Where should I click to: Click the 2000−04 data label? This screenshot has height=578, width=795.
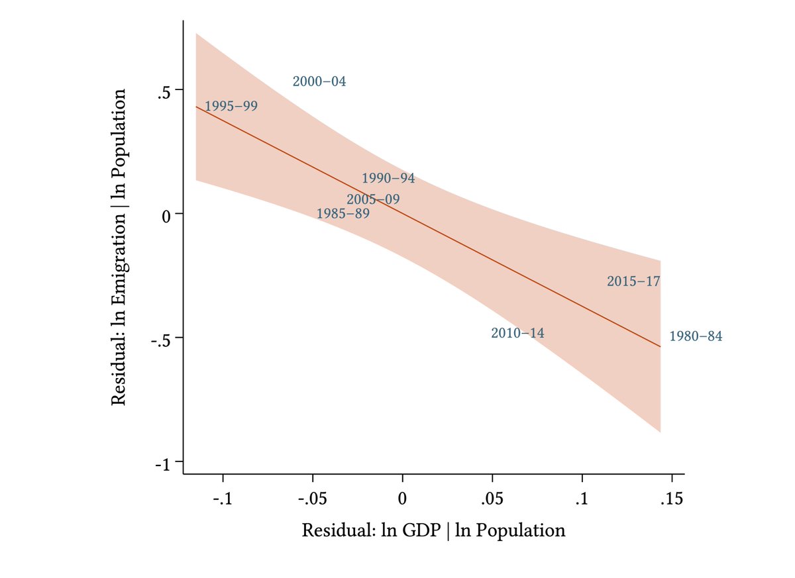coord(319,82)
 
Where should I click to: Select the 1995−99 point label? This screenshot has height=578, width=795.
coord(231,106)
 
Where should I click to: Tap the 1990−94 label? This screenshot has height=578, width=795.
coord(388,179)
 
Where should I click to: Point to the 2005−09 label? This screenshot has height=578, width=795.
coord(373,199)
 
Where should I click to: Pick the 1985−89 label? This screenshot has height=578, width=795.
coord(343,214)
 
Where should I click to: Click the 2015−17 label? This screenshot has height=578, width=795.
coord(633,281)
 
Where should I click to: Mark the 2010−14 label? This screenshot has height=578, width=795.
coord(517,333)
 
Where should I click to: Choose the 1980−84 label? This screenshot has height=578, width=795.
coord(696,336)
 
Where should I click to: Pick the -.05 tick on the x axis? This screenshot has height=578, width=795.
coord(312,499)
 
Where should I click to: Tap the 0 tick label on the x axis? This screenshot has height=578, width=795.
coord(402,499)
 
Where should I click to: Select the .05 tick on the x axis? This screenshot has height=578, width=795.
coord(492,499)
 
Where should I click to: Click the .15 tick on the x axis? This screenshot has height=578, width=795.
coord(672,499)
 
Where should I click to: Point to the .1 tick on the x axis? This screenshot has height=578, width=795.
coord(582,499)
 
